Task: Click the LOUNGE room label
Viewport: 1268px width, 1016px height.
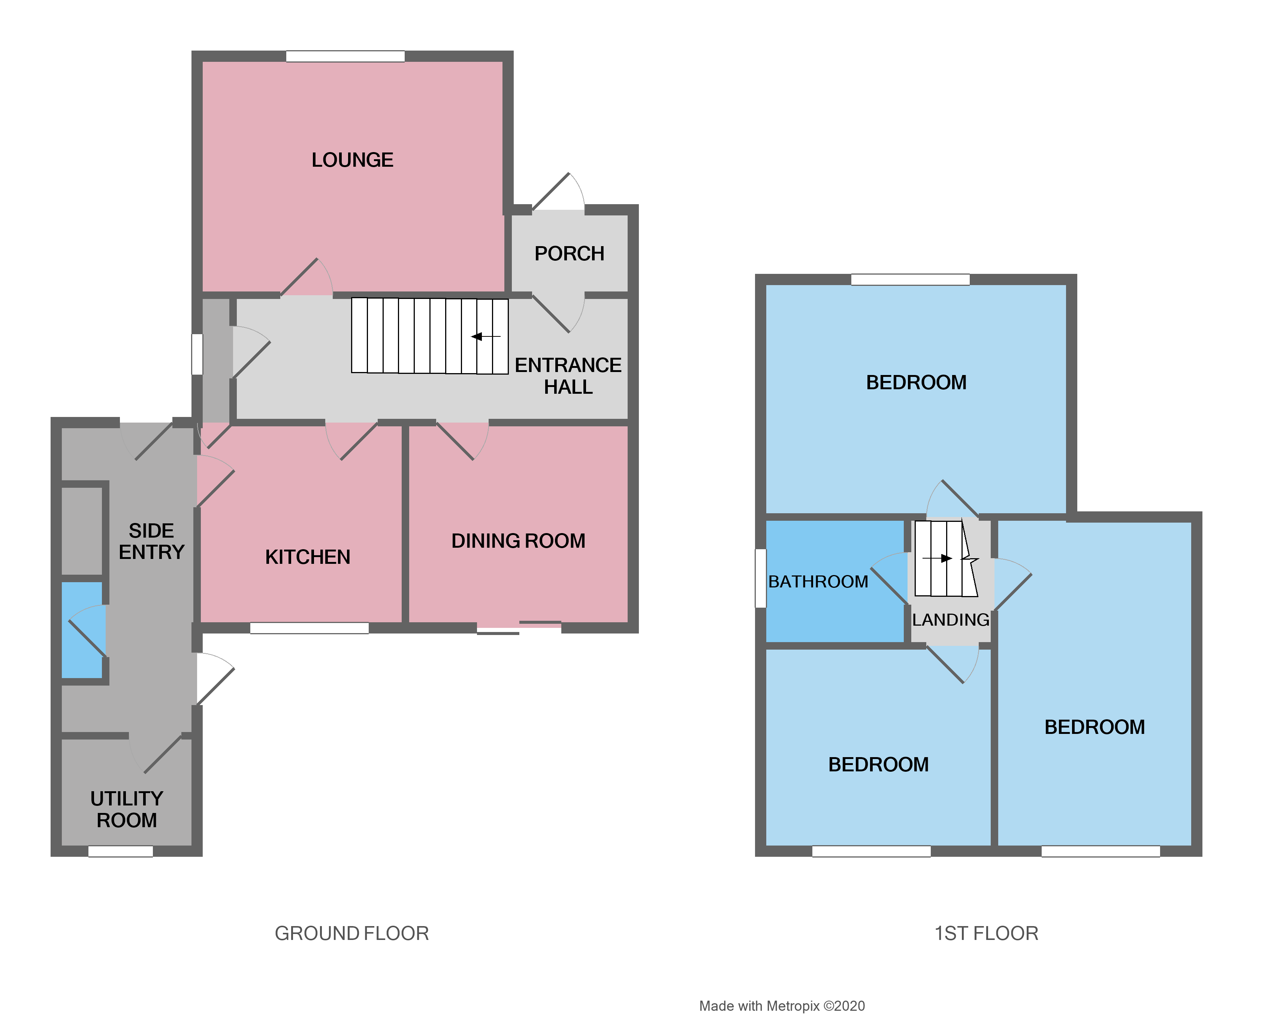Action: (352, 160)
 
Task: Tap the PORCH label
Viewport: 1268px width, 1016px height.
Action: (569, 253)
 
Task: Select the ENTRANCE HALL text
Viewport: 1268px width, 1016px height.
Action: (568, 376)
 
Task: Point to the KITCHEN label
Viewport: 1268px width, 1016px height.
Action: (308, 557)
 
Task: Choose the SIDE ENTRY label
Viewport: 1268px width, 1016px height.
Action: (152, 541)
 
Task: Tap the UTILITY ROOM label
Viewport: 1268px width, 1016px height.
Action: (127, 809)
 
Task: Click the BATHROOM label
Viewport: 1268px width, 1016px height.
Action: (818, 581)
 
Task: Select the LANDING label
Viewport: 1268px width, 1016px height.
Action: (950, 620)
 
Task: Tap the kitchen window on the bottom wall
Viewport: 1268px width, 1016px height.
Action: (310, 628)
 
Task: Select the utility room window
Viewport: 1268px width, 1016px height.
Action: (121, 851)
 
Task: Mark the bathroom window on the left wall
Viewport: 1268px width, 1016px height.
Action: (760, 577)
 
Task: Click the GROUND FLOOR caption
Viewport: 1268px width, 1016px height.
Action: (352, 933)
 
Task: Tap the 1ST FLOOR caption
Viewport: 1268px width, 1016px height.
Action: (986, 933)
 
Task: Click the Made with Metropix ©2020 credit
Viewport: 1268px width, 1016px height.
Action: (782, 1006)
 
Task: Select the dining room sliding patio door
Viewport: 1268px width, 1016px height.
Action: (519, 628)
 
